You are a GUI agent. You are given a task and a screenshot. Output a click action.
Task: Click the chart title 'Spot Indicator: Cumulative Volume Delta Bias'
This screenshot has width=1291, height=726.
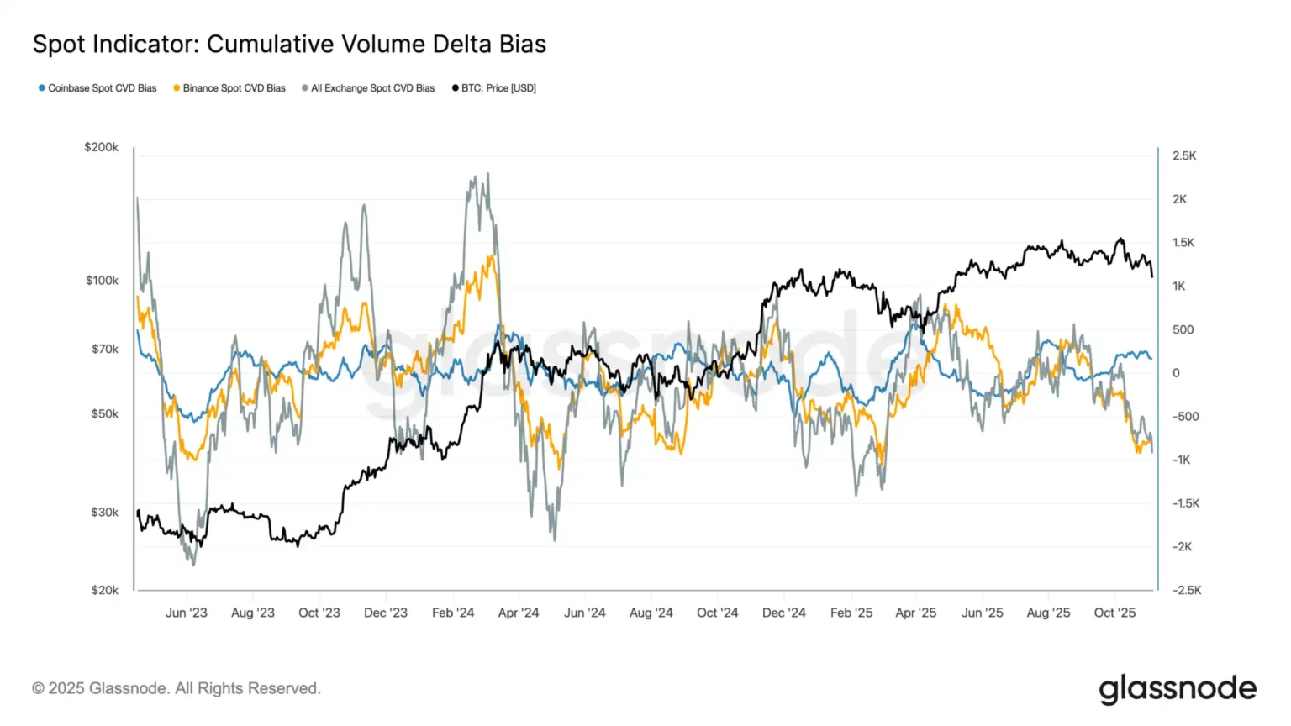tap(289, 45)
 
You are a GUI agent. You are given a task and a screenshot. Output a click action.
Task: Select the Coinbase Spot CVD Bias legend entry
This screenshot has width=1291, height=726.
tap(97, 88)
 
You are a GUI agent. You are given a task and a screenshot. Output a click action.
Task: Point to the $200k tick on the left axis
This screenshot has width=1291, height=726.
tap(101, 147)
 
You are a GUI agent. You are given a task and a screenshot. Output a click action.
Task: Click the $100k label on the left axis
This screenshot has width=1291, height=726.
tap(102, 281)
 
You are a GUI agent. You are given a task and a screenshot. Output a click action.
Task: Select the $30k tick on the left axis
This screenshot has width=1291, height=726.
tap(104, 512)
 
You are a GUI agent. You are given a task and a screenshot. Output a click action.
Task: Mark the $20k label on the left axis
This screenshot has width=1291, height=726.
tap(104, 590)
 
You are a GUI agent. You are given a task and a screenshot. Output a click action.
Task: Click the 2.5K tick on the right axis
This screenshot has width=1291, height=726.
tap(1184, 156)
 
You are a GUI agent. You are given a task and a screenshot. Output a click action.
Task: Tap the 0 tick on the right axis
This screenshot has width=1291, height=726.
tap(1176, 373)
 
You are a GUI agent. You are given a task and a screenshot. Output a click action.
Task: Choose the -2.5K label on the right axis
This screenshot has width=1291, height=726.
tap(1186, 590)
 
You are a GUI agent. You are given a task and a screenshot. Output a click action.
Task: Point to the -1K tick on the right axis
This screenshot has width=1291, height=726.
tap(1181, 460)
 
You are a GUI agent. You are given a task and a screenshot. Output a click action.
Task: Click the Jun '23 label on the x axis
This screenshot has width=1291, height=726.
tap(186, 613)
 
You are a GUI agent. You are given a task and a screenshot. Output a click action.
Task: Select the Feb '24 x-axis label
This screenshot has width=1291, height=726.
tap(452, 613)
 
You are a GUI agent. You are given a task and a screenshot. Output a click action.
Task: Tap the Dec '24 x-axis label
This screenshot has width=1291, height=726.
tap(783, 613)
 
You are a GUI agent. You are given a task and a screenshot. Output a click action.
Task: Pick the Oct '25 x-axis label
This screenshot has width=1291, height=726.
tap(1114, 613)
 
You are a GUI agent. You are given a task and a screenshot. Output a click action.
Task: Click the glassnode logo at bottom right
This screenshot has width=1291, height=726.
tap(1177, 688)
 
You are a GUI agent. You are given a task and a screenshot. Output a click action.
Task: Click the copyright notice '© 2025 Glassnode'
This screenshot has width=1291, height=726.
tap(177, 688)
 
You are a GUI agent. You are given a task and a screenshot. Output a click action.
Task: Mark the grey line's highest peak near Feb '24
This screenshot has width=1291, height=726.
tap(487, 175)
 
